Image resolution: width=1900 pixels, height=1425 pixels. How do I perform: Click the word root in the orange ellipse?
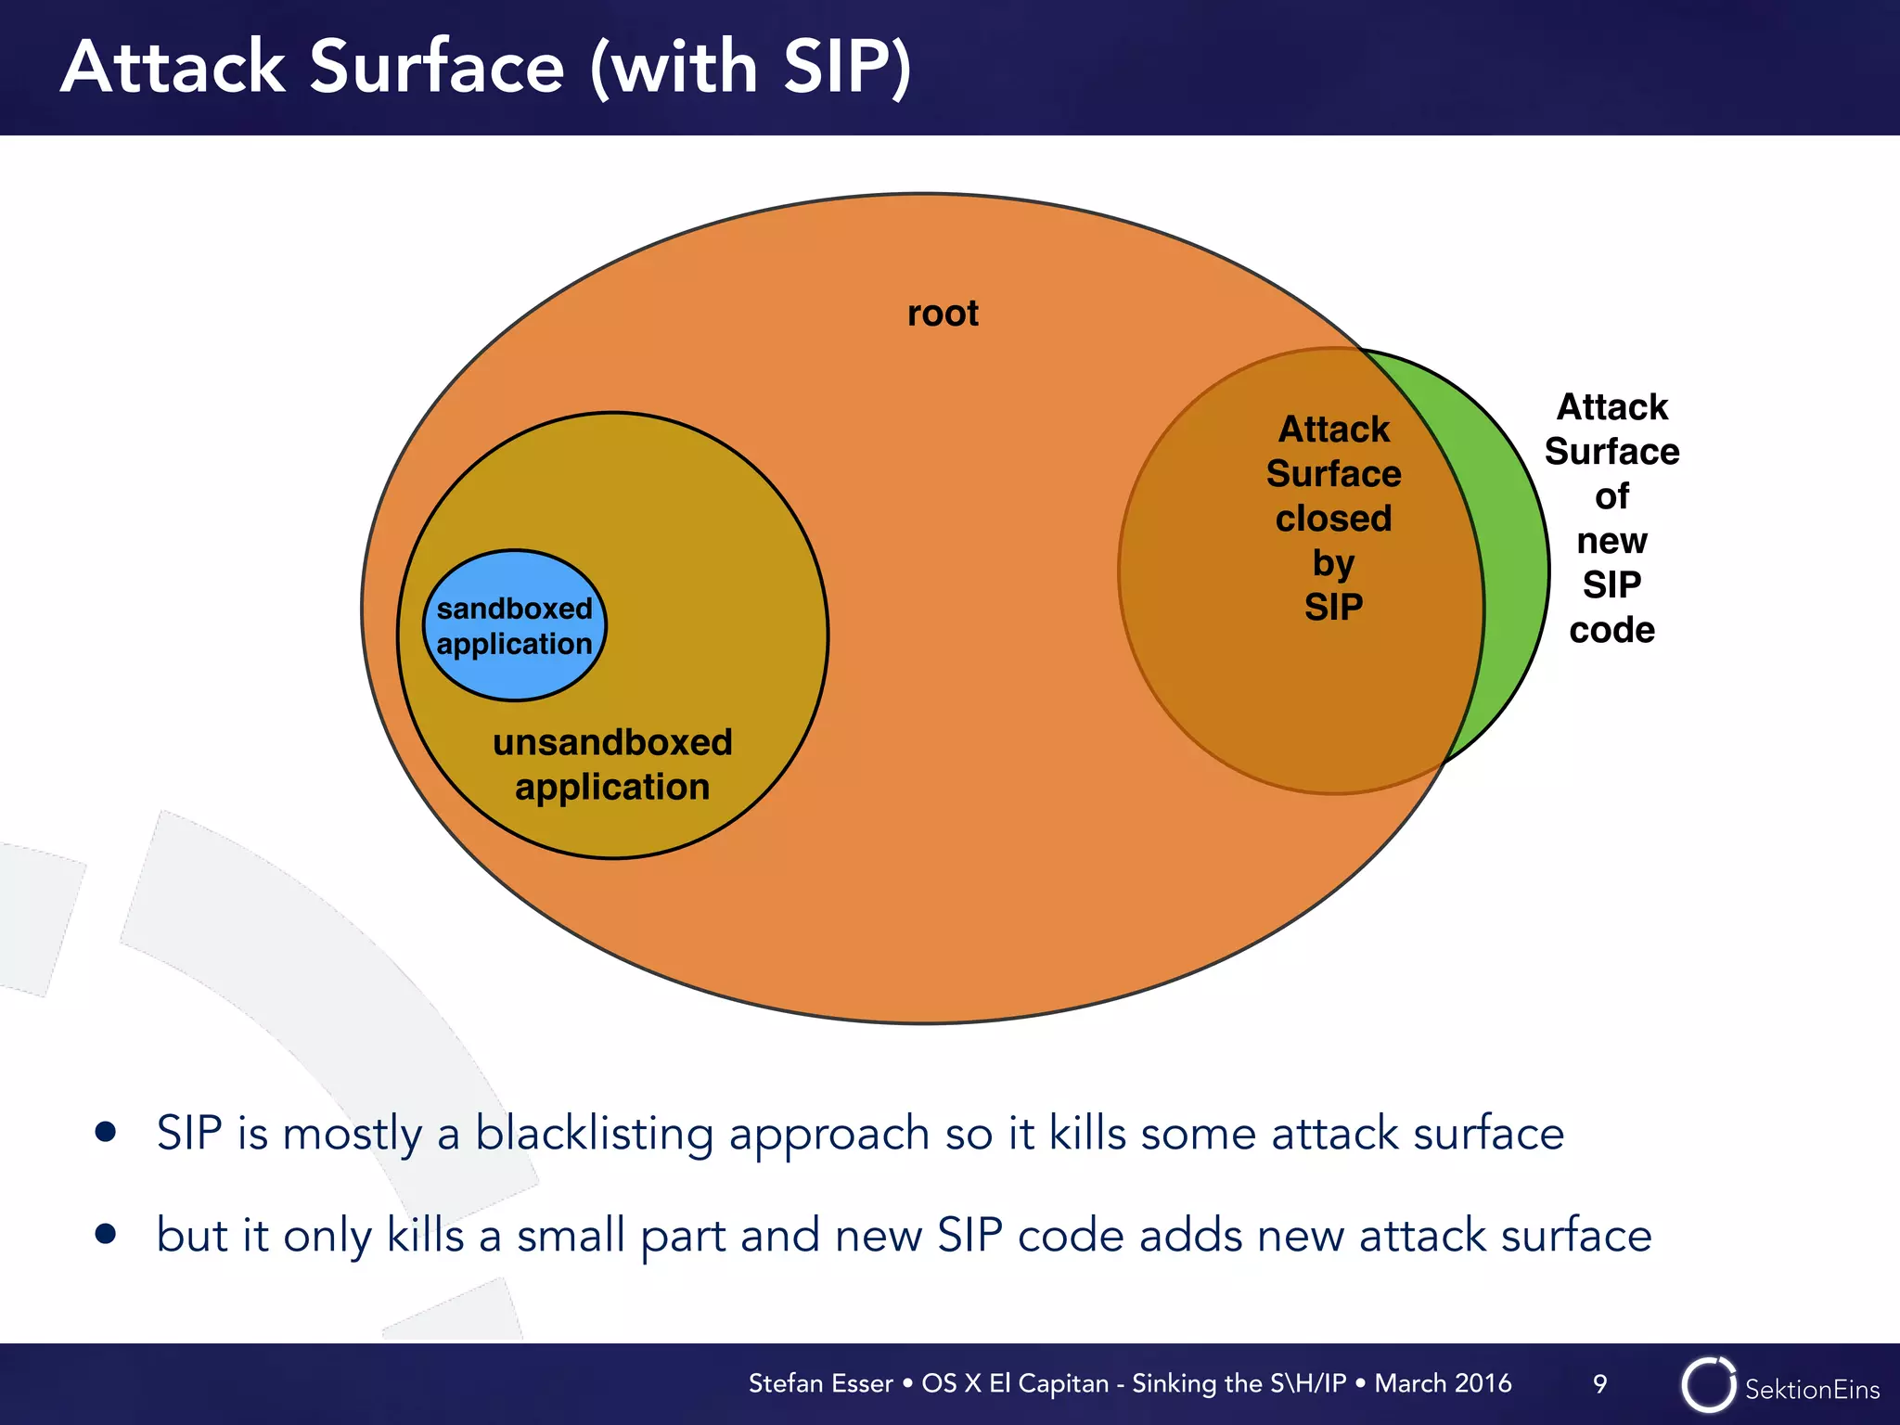(x=943, y=314)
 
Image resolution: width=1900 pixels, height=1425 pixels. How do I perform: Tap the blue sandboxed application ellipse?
(x=515, y=625)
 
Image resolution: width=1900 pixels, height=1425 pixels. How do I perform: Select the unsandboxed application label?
(x=612, y=764)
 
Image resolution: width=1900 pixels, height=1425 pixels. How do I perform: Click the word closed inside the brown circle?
(x=1333, y=519)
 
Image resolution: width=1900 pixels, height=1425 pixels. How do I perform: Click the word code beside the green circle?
(x=1611, y=630)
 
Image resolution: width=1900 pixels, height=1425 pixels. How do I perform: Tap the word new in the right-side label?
(x=1611, y=541)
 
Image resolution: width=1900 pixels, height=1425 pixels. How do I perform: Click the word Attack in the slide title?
(x=173, y=67)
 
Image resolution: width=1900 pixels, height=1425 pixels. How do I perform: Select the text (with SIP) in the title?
(x=751, y=67)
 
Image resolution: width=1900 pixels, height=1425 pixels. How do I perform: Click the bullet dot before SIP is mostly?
(x=106, y=1132)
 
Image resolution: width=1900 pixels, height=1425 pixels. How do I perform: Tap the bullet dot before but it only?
(x=106, y=1234)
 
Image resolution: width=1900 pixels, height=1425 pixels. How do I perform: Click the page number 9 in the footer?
(x=1599, y=1384)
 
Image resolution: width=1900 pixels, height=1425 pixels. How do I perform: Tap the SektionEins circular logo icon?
(x=1708, y=1385)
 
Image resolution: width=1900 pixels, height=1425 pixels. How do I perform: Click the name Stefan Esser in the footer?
(x=820, y=1383)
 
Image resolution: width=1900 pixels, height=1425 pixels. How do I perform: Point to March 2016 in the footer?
(x=1443, y=1383)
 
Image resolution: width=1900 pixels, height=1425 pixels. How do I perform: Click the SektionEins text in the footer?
(x=1812, y=1389)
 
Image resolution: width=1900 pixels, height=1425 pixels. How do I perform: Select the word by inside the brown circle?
(x=1333, y=563)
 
